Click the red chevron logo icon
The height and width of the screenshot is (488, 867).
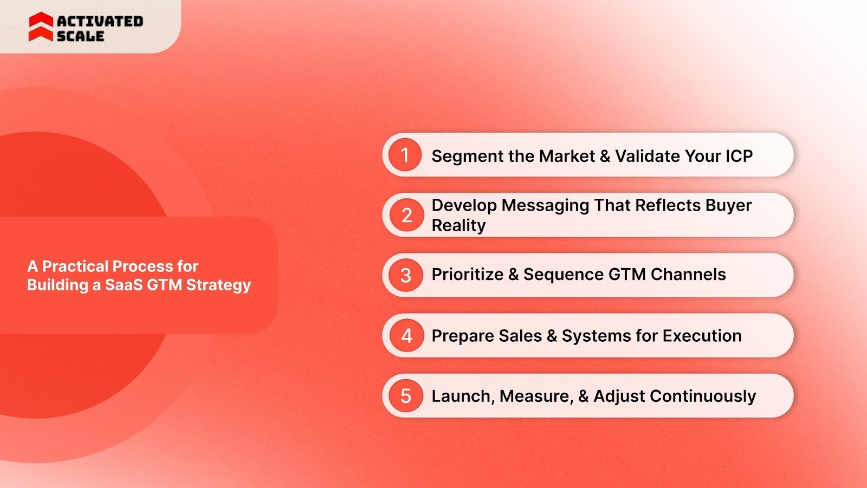click(41, 27)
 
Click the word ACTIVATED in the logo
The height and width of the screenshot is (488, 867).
click(100, 21)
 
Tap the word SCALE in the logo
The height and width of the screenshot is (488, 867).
click(80, 36)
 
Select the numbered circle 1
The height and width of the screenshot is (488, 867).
click(405, 155)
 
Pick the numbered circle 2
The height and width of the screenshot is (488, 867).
click(406, 215)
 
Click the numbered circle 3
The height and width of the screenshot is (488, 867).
click(406, 275)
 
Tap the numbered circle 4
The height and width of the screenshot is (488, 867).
click(406, 336)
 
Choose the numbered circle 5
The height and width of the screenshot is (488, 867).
click(406, 396)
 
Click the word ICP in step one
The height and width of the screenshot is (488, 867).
click(739, 156)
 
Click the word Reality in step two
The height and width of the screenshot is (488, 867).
click(458, 225)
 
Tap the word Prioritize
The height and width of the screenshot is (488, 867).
click(467, 275)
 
